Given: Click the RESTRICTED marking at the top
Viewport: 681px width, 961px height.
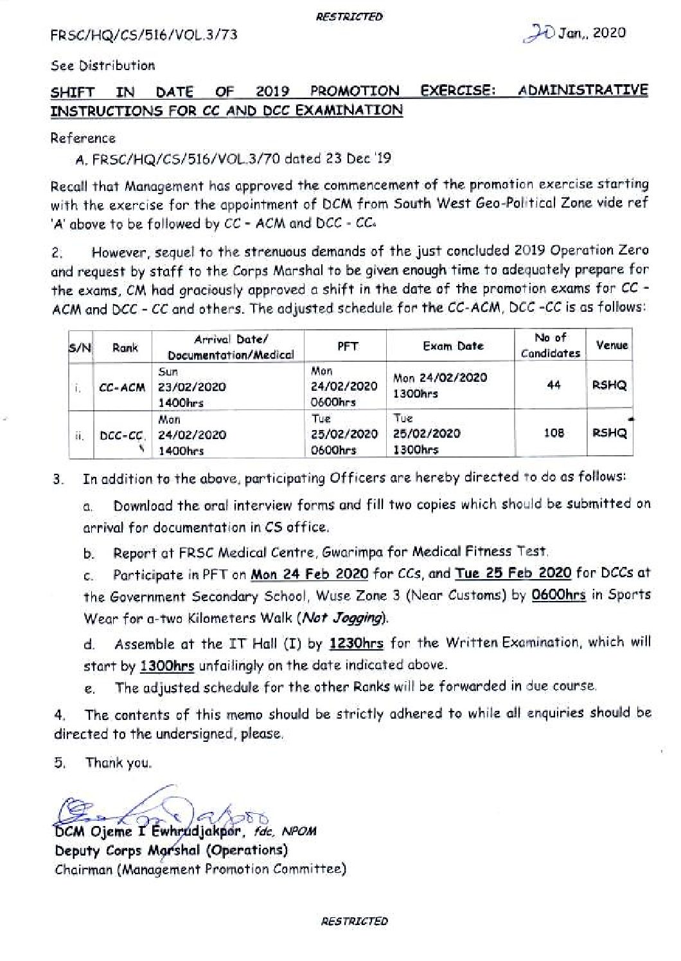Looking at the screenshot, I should coord(349,17).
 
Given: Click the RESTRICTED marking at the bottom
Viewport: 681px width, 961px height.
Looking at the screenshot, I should coord(355,921).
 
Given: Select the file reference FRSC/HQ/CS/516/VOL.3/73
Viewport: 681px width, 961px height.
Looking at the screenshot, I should coord(144,35).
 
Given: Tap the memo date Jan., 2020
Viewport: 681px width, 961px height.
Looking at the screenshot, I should coord(591,33).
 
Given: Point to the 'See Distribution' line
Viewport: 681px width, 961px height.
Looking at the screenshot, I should coord(103,66).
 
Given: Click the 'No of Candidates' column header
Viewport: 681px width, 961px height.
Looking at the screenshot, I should coord(550,345).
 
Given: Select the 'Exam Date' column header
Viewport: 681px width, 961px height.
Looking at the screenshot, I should coord(452,346).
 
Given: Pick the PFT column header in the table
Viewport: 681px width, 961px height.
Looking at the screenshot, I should coord(348,346).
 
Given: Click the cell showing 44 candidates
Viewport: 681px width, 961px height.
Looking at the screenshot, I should coord(553,385).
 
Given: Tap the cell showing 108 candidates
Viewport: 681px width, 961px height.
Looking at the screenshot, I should coord(553,433).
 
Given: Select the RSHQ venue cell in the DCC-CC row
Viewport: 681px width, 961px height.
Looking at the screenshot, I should coord(609,433).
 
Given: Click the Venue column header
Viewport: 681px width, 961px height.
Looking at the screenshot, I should coord(611,345).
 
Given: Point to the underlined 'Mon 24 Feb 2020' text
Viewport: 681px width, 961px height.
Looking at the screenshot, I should coord(309,574).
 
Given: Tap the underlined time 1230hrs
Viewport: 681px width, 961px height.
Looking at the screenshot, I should coord(357,643).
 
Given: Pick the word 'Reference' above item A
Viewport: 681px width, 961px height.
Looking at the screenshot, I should coord(84,138).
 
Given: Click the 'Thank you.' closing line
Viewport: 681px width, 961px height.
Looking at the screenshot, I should coord(119,763).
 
